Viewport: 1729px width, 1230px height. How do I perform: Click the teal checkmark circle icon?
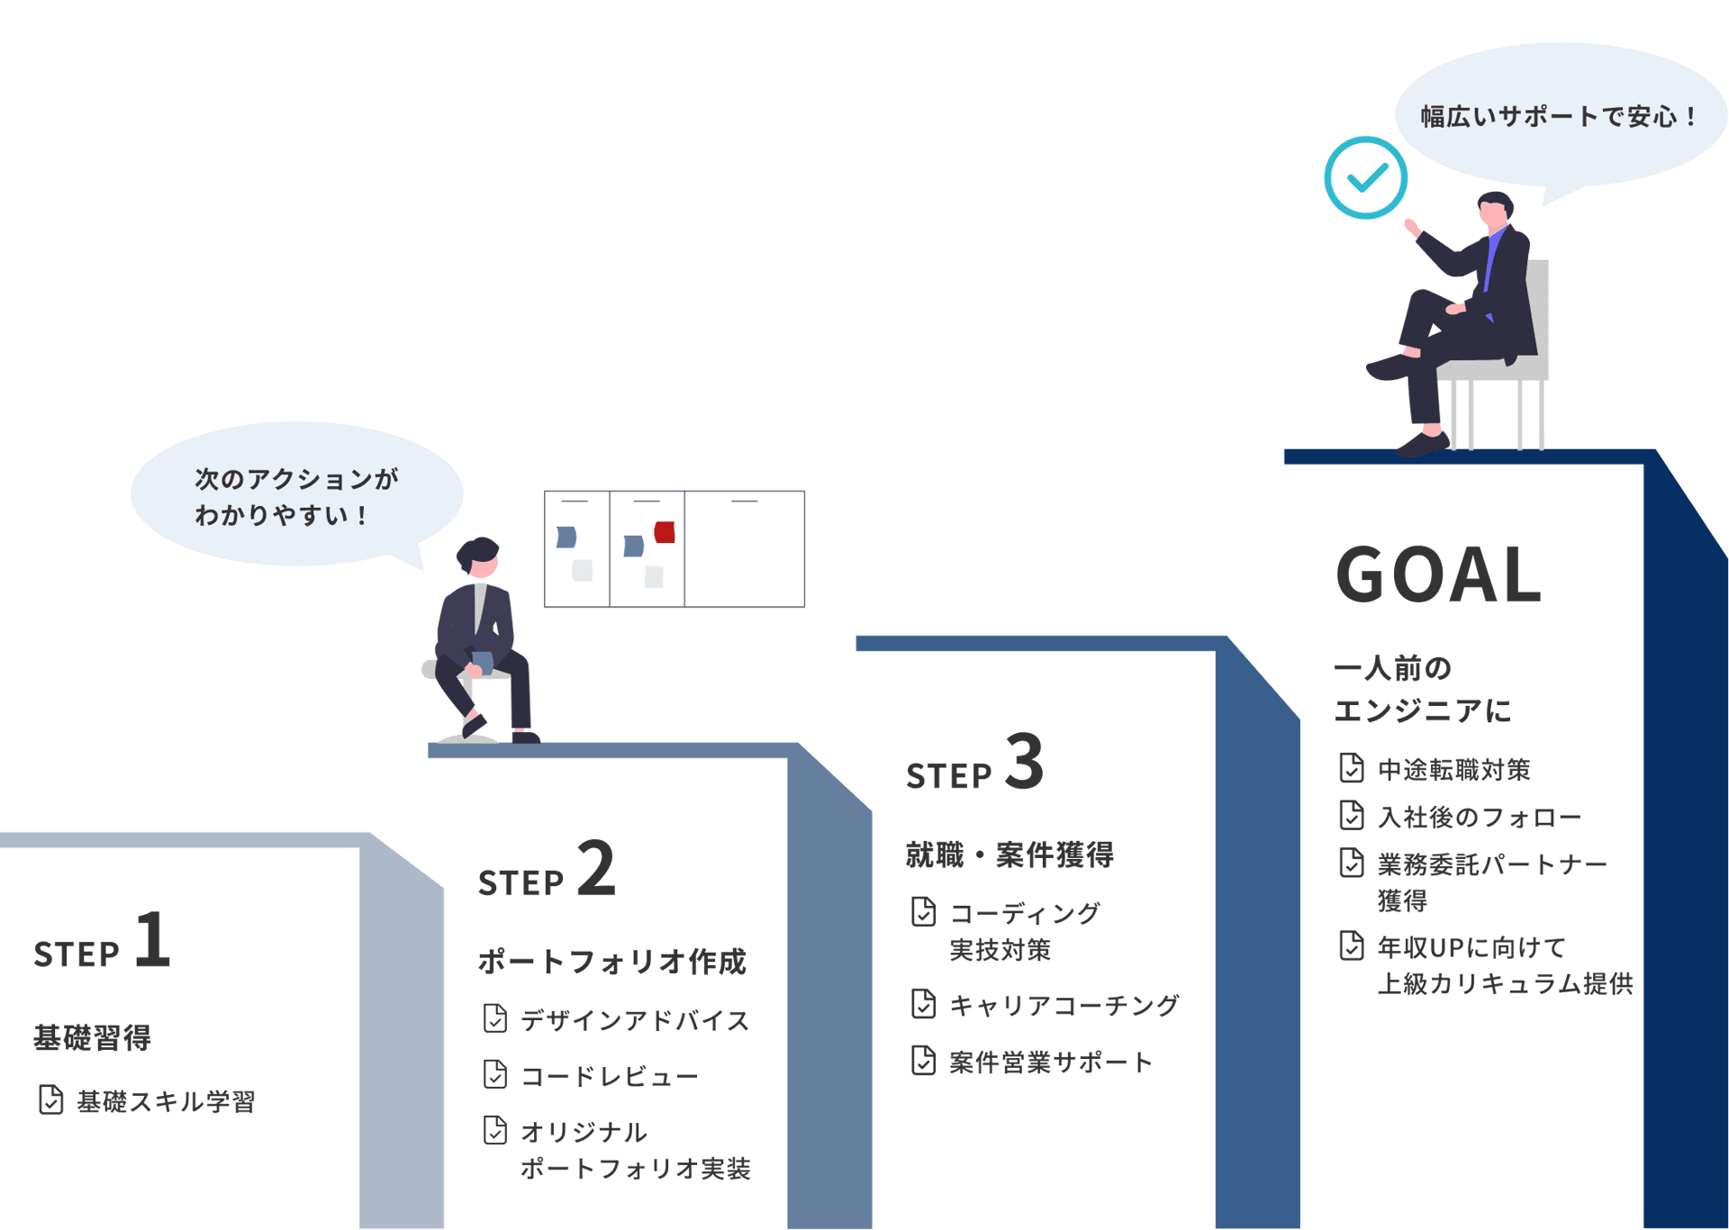pos(1365,177)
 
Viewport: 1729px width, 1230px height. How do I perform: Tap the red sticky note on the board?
pos(665,532)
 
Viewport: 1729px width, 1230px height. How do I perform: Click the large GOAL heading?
pos(1438,574)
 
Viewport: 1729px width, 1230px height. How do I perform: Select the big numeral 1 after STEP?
pos(153,940)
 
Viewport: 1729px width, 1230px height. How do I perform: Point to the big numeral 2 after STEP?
pos(596,868)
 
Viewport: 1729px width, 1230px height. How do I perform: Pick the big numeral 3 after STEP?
pos(1024,761)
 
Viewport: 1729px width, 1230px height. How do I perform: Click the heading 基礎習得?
pos(92,1037)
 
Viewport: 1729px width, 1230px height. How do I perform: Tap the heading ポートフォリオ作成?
pos(612,962)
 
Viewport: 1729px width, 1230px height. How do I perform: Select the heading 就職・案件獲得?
pos(1009,855)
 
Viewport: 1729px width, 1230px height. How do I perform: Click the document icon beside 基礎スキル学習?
pos(50,1099)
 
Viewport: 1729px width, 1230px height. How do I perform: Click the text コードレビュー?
pos(610,1076)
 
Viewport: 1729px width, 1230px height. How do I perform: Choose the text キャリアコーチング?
pos(1064,1005)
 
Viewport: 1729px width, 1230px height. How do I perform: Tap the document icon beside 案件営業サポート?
pos(923,1061)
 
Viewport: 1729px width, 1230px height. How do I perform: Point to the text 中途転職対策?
pos(1454,770)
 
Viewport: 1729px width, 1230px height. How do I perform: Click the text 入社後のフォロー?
pos(1480,817)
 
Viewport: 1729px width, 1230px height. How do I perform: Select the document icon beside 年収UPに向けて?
pos(1351,945)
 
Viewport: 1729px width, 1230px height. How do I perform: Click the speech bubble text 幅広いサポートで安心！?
pos(1560,116)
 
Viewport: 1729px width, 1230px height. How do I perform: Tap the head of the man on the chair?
pos(1495,211)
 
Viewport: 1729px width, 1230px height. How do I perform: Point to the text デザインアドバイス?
pos(635,1020)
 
